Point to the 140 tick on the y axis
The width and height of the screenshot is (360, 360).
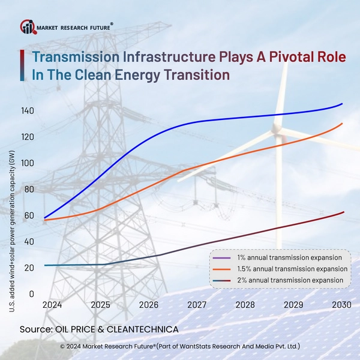coord(26,111)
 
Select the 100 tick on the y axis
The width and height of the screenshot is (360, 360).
coord(26,163)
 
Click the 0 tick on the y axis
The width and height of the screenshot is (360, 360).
coord(31,294)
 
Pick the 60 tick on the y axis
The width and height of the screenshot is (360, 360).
coord(28,215)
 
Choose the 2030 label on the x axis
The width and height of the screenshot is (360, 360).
coord(341,305)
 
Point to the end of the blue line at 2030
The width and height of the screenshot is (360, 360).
coord(343,104)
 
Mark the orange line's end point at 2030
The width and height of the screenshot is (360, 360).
coord(343,124)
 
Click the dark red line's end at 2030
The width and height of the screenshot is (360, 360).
coord(343,212)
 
